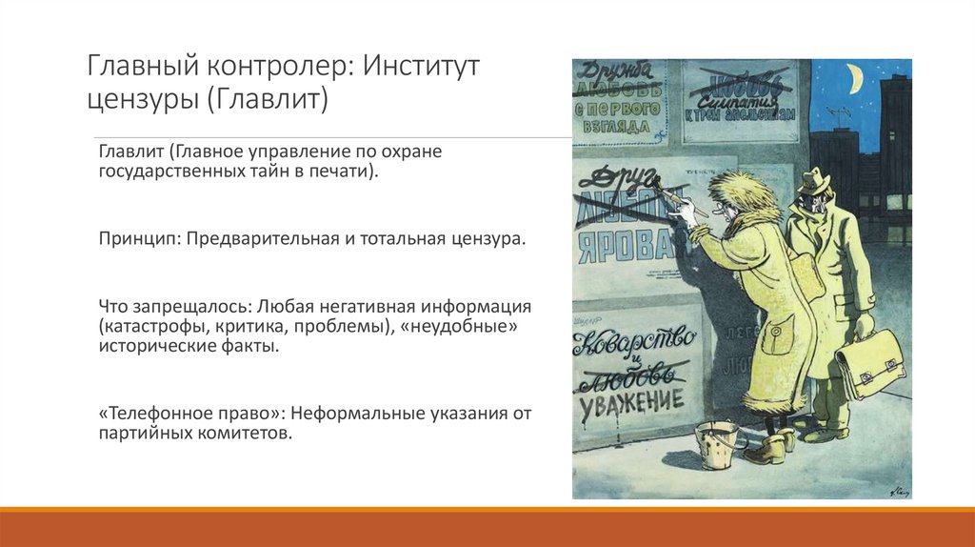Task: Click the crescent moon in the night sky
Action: (x=854, y=80)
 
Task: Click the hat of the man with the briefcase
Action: (x=814, y=181)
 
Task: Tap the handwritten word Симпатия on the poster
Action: (x=739, y=99)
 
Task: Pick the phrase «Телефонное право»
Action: (x=190, y=415)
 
